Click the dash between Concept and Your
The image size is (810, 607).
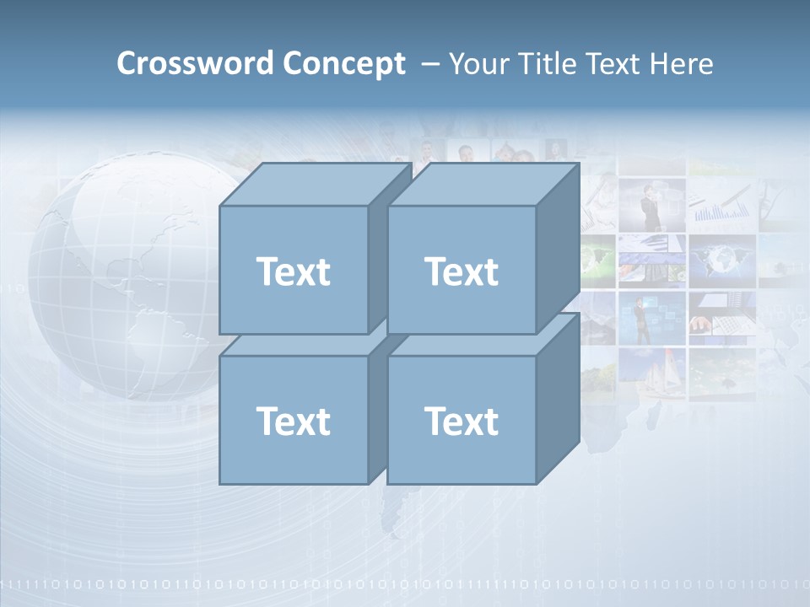click(429, 64)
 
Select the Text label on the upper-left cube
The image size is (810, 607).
click(293, 271)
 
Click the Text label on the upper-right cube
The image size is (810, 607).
click(462, 271)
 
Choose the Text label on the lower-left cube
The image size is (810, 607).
click(293, 421)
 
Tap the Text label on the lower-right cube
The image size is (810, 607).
click(462, 421)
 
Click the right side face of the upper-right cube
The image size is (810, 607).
click(558, 249)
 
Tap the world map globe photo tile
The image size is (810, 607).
click(721, 257)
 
